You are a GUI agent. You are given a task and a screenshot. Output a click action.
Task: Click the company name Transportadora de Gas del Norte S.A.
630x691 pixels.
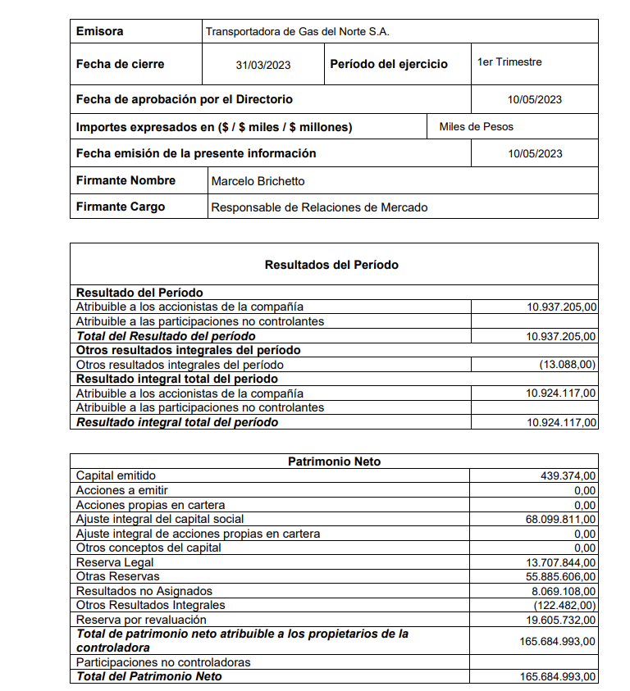(x=297, y=32)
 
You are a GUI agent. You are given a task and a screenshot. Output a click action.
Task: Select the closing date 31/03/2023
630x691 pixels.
(x=263, y=65)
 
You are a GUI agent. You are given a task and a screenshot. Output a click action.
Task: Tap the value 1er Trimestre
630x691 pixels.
(x=509, y=62)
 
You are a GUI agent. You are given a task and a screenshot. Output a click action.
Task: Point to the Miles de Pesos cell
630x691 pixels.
(x=477, y=126)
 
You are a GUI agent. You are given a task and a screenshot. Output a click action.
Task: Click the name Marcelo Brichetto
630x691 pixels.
(x=258, y=181)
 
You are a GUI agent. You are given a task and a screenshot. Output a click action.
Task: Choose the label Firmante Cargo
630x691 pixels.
(x=121, y=207)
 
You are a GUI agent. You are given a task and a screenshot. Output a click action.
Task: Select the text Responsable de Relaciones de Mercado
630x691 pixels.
(x=319, y=207)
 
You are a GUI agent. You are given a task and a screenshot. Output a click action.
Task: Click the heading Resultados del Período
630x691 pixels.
(x=331, y=265)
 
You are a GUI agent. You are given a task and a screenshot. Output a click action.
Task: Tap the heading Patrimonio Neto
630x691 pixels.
(x=334, y=461)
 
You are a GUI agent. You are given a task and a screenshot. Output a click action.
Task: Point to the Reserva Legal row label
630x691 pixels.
(x=115, y=562)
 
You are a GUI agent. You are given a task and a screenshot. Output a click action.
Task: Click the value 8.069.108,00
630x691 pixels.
(x=564, y=591)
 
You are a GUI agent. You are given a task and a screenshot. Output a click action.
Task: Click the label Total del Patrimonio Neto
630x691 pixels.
(x=149, y=676)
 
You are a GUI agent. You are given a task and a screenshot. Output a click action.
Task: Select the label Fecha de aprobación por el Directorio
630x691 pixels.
(x=185, y=99)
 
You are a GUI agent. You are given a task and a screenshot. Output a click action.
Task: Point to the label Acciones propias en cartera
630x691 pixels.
(x=150, y=505)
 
